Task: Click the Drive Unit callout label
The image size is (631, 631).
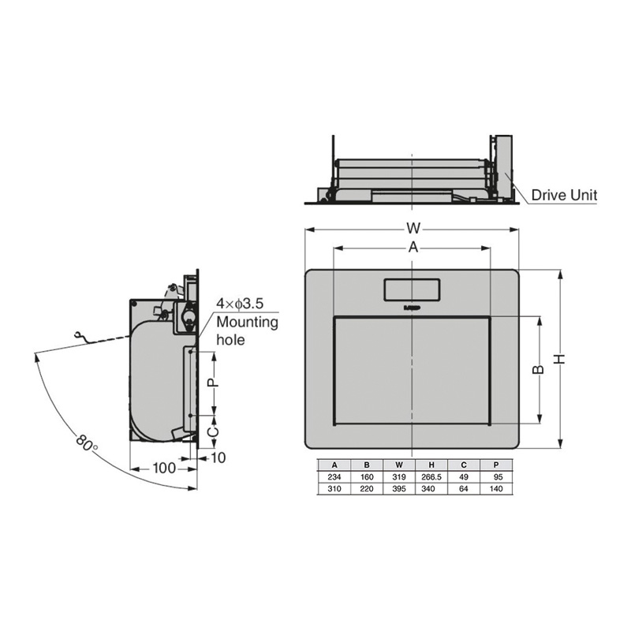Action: point(564,195)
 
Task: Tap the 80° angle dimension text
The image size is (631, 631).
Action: point(87,442)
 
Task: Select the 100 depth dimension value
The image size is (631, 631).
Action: point(164,468)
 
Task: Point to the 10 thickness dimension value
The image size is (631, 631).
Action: point(218,457)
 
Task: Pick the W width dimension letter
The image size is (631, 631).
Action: point(413,228)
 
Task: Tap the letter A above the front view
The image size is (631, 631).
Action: point(413,248)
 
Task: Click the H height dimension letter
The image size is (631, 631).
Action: point(560,359)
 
